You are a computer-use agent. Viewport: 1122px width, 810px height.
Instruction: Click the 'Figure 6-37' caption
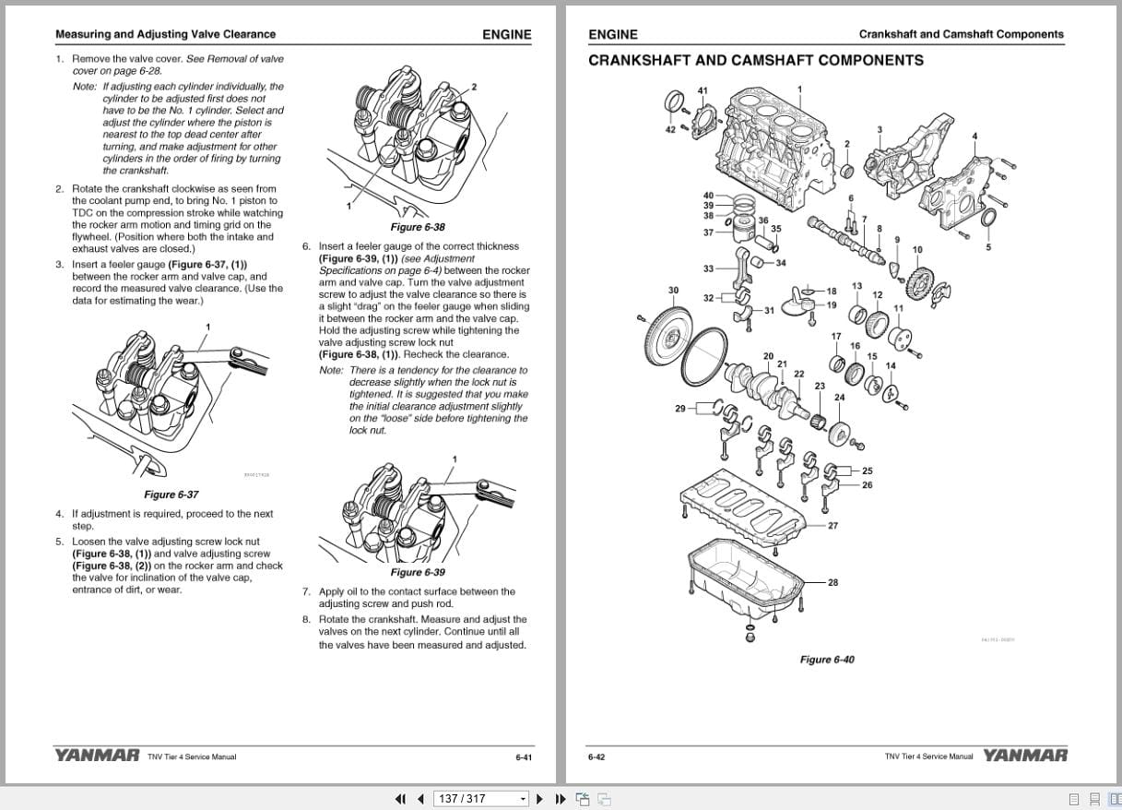pyautogui.click(x=171, y=494)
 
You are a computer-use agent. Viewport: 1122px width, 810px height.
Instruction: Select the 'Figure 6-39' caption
pyautogui.click(x=418, y=572)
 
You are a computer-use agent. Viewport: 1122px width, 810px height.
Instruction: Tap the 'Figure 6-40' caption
pyautogui.click(x=826, y=660)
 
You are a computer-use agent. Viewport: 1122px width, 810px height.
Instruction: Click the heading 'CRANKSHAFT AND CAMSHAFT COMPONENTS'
pyautogui.click(x=755, y=61)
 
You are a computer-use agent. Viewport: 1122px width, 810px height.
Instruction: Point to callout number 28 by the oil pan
pyautogui.click(x=833, y=583)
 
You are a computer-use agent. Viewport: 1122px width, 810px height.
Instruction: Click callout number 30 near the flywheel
pyautogui.click(x=673, y=291)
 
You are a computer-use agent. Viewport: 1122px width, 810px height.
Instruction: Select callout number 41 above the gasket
pyautogui.click(x=703, y=90)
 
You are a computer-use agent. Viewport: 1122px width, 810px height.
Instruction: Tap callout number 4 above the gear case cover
pyautogui.click(x=974, y=137)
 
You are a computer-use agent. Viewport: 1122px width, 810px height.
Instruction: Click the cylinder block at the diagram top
pyautogui.click(x=770, y=138)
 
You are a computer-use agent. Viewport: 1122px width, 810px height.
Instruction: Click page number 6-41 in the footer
pyautogui.click(x=524, y=757)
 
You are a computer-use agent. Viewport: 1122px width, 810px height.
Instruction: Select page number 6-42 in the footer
pyautogui.click(x=596, y=757)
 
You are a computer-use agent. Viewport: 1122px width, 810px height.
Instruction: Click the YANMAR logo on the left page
pyautogui.click(x=97, y=756)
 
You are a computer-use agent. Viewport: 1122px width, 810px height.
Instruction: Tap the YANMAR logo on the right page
pyautogui.click(x=1024, y=756)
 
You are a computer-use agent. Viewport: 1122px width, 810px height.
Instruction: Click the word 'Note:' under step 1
pyautogui.click(x=84, y=87)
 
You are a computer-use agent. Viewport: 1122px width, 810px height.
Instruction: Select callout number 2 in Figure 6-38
pyautogui.click(x=474, y=87)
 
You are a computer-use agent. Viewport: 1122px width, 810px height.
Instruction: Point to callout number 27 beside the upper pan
pyautogui.click(x=833, y=526)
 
